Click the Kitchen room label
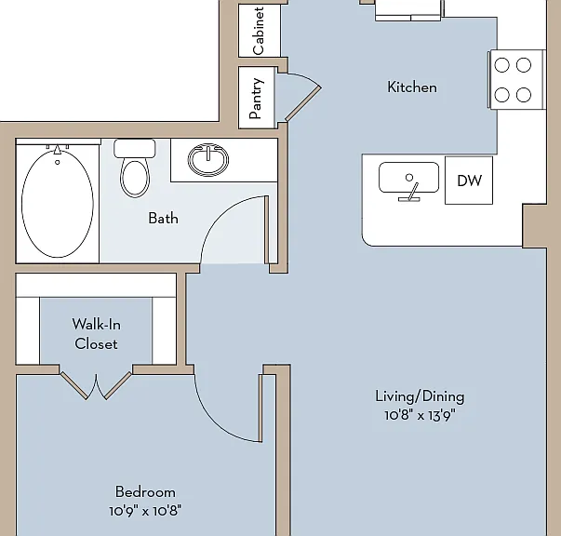[x=412, y=87]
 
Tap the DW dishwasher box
[x=469, y=181]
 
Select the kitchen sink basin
[x=409, y=177]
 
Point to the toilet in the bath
[x=135, y=167]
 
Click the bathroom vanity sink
[x=208, y=159]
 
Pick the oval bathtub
[x=58, y=203]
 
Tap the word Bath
[x=163, y=219]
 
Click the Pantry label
[x=257, y=99]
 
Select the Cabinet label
[x=258, y=31]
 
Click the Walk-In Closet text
[x=96, y=334]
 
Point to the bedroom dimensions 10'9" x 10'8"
[x=145, y=511]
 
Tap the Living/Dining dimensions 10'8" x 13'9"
[x=420, y=415]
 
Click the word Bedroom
[x=145, y=492]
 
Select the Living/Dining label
[x=420, y=396]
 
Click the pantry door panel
[x=303, y=103]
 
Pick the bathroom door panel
[x=267, y=230]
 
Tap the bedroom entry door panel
[x=260, y=408]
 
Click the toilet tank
[x=135, y=149]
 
